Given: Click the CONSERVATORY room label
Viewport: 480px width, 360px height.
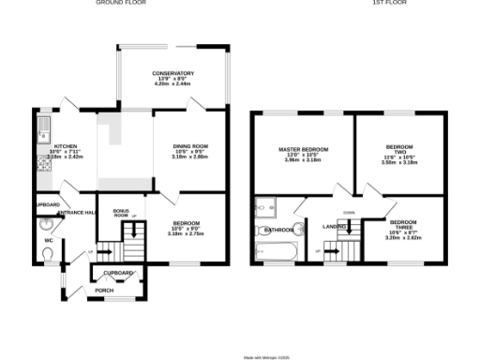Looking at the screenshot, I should (x=173, y=73).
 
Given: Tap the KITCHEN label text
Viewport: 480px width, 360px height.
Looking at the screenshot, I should (x=65, y=146).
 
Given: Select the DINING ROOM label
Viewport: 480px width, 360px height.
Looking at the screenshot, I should (x=190, y=145).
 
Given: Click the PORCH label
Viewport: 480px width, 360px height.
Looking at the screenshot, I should (x=104, y=290).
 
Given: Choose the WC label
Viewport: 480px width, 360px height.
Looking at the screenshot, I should (x=47, y=240).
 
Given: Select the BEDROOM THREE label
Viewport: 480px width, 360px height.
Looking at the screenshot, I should (x=404, y=224).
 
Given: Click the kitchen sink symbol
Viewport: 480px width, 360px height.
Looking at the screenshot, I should (x=42, y=127).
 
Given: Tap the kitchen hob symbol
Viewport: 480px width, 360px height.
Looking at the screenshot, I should (x=42, y=165).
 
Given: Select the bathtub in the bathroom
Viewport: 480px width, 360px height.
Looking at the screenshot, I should (x=276, y=251).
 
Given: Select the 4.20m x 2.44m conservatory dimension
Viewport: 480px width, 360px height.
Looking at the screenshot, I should (x=172, y=84).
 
